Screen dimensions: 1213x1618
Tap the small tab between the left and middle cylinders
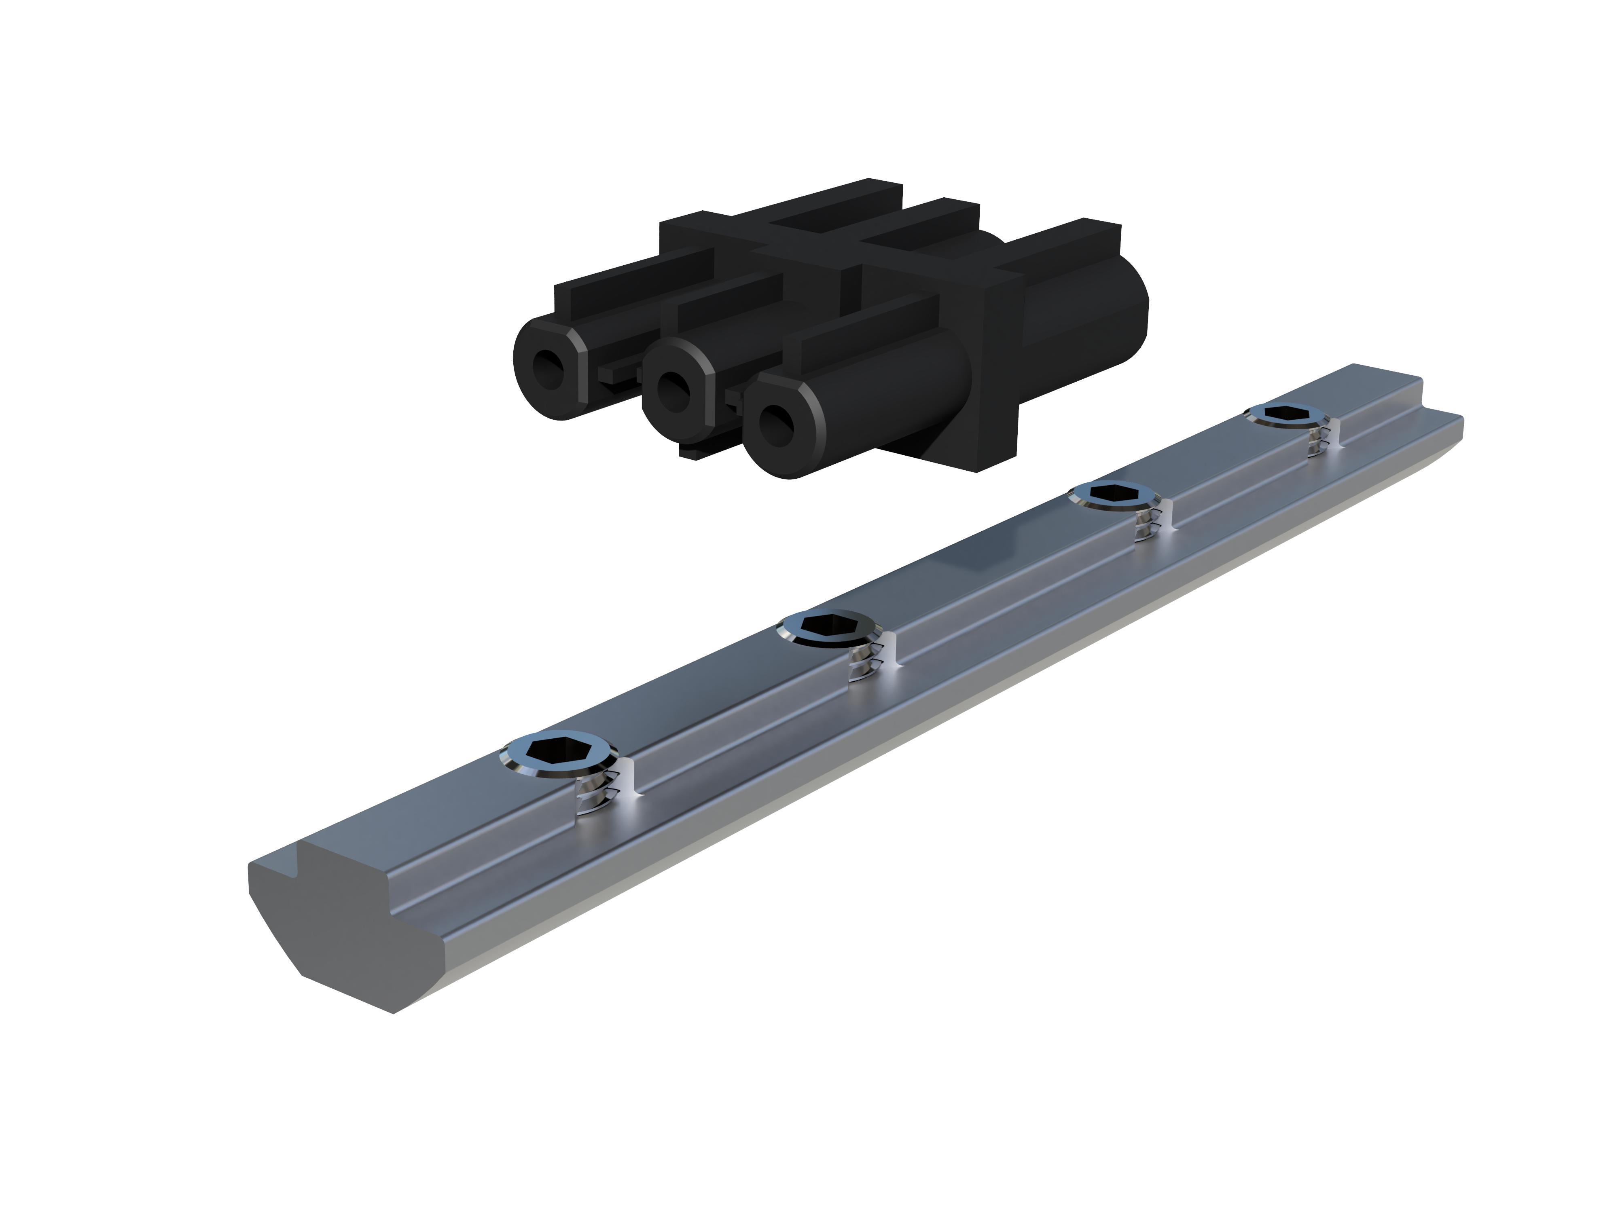pyautogui.click(x=618, y=374)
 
